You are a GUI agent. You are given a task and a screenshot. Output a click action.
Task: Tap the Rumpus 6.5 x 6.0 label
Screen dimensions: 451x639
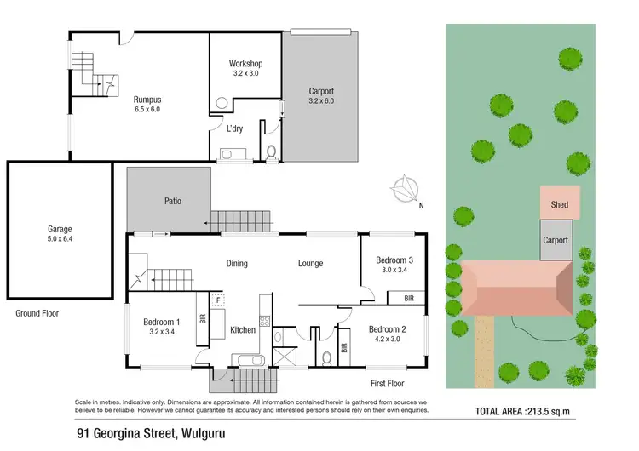point(147,104)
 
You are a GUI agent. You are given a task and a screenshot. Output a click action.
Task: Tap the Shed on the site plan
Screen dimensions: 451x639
point(560,204)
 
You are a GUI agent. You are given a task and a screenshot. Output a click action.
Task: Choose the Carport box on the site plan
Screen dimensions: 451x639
point(556,240)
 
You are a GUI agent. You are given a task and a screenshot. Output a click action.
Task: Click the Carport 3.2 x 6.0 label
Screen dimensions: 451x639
point(320,96)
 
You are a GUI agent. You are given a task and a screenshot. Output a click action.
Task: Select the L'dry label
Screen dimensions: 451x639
point(236,128)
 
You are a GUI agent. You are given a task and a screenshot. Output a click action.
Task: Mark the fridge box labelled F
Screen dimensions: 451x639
point(218,300)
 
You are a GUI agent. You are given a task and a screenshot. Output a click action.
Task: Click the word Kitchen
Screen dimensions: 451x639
point(243,329)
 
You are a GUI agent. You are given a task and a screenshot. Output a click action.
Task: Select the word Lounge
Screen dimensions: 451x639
point(310,264)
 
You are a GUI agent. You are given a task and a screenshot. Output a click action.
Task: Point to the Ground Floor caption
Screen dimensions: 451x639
point(37,313)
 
